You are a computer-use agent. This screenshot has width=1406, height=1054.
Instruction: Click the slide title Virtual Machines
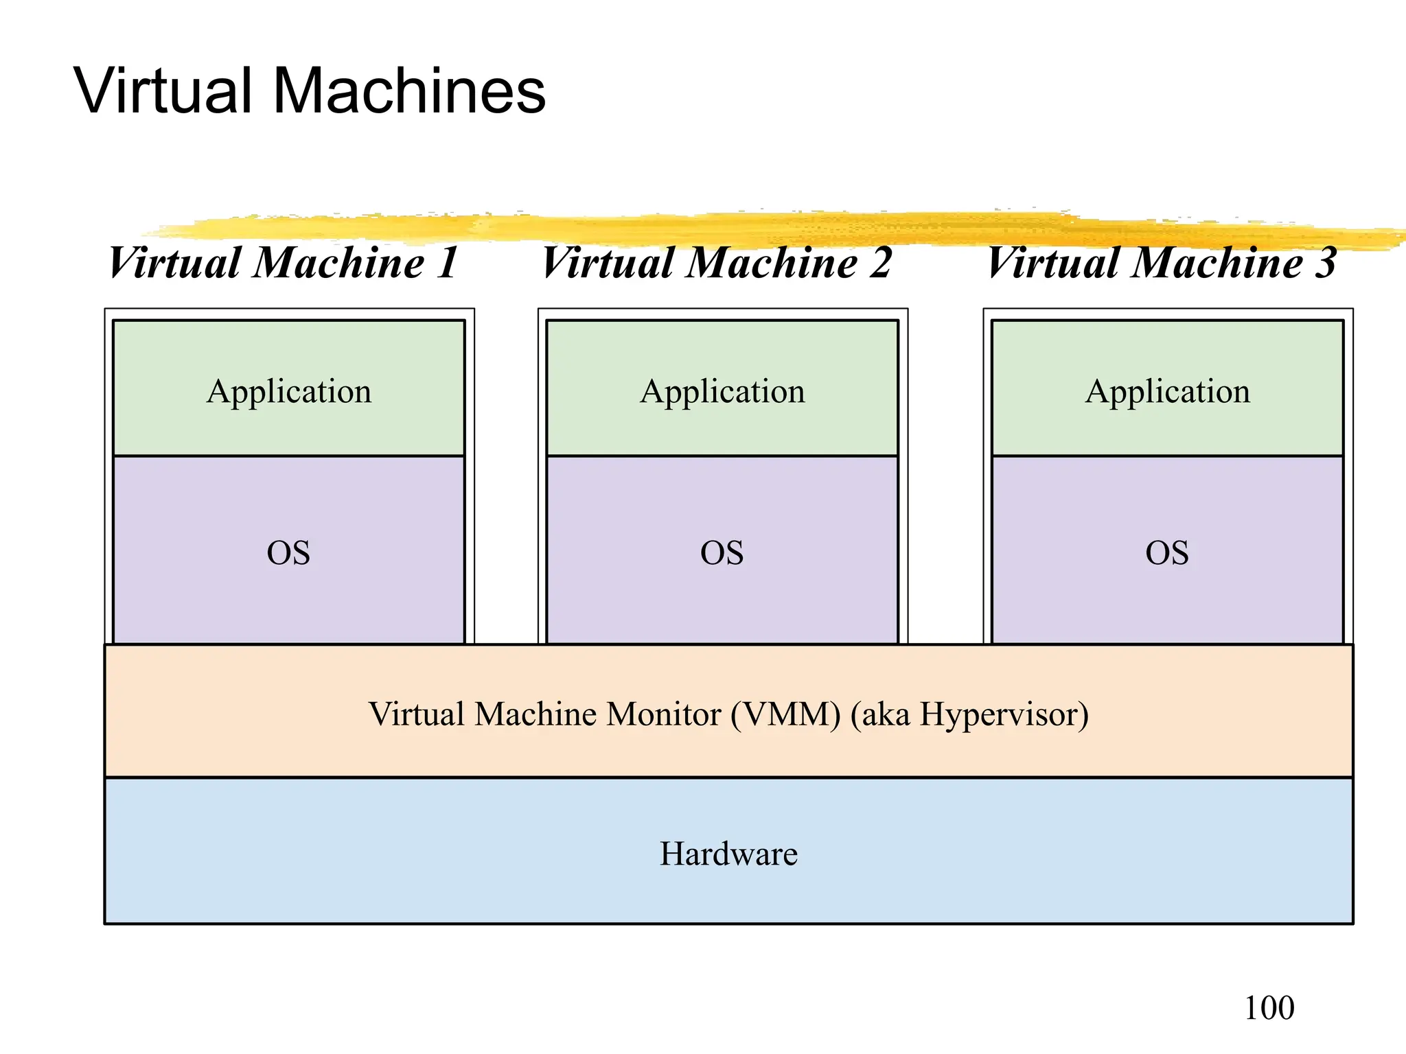[309, 91]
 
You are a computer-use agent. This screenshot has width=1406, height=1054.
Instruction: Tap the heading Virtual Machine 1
[283, 263]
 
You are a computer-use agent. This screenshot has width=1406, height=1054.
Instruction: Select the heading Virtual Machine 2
[716, 263]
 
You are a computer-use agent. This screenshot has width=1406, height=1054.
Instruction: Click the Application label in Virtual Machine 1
[289, 392]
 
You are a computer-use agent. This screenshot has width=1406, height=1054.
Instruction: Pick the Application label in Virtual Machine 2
[722, 392]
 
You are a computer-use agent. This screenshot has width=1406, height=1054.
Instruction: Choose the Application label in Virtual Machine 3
[1168, 392]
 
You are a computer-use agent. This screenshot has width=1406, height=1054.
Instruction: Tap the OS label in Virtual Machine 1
[288, 552]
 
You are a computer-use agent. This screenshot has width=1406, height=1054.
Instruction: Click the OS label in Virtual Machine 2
[722, 552]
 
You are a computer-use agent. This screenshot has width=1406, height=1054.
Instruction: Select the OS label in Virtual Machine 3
[1167, 552]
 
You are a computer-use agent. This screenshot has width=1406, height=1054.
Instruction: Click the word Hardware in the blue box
[728, 854]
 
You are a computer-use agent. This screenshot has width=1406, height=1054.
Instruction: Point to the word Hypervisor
[1004, 715]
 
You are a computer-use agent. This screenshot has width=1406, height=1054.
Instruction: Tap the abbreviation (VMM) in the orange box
[785, 715]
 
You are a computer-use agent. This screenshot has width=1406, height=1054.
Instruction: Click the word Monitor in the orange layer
[663, 714]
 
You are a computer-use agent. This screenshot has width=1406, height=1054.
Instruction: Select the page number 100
[1269, 1008]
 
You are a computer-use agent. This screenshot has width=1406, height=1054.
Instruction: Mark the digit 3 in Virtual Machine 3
[1326, 263]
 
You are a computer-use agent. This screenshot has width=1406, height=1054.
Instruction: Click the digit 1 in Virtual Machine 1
[449, 263]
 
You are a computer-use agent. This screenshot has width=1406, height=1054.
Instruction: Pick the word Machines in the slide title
[409, 91]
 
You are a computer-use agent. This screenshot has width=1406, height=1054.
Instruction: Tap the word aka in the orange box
[886, 715]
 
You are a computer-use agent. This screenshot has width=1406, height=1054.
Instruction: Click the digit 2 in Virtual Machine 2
[880, 263]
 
